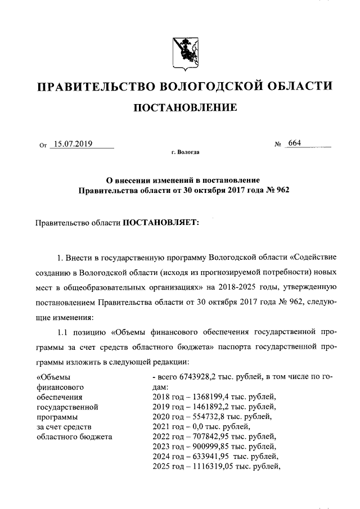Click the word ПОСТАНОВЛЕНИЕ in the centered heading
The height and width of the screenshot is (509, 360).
(x=184, y=107)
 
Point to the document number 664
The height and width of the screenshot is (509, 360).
(x=294, y=143)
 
